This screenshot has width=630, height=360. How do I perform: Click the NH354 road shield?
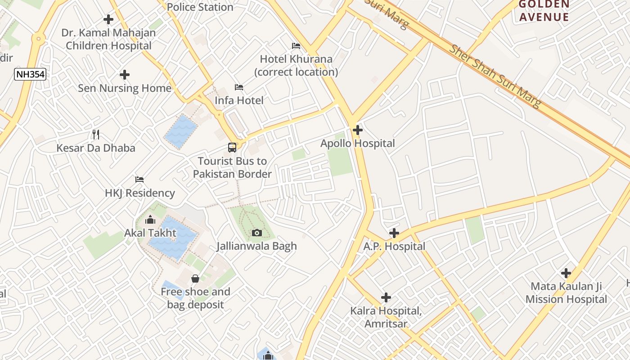30,74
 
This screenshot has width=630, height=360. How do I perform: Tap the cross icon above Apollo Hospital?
358,130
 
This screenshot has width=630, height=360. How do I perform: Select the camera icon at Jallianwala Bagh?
257,233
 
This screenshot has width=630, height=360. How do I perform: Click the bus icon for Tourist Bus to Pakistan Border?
232,148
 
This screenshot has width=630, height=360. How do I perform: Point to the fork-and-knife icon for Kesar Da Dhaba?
95,134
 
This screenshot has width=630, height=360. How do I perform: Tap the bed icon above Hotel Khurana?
296,46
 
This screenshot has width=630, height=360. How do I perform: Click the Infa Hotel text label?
239,100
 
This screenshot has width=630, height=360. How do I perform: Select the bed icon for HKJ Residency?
139,180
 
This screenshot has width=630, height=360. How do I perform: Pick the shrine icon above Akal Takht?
150,220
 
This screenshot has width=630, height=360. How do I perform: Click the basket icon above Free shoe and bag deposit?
195,279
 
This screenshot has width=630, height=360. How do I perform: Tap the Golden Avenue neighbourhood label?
544,11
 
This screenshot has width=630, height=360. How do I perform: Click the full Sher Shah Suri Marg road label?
495,76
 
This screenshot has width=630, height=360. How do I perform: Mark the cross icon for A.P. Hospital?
394,233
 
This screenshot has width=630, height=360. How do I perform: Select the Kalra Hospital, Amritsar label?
386,317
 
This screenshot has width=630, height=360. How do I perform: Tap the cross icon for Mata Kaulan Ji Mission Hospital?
566,273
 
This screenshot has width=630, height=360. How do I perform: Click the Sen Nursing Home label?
125,88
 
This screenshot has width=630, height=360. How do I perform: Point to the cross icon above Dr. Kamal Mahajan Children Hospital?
108,19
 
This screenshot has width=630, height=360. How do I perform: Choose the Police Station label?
200,7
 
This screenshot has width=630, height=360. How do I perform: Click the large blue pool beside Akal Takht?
173,238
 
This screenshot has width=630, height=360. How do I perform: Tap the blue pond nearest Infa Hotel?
180,130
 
